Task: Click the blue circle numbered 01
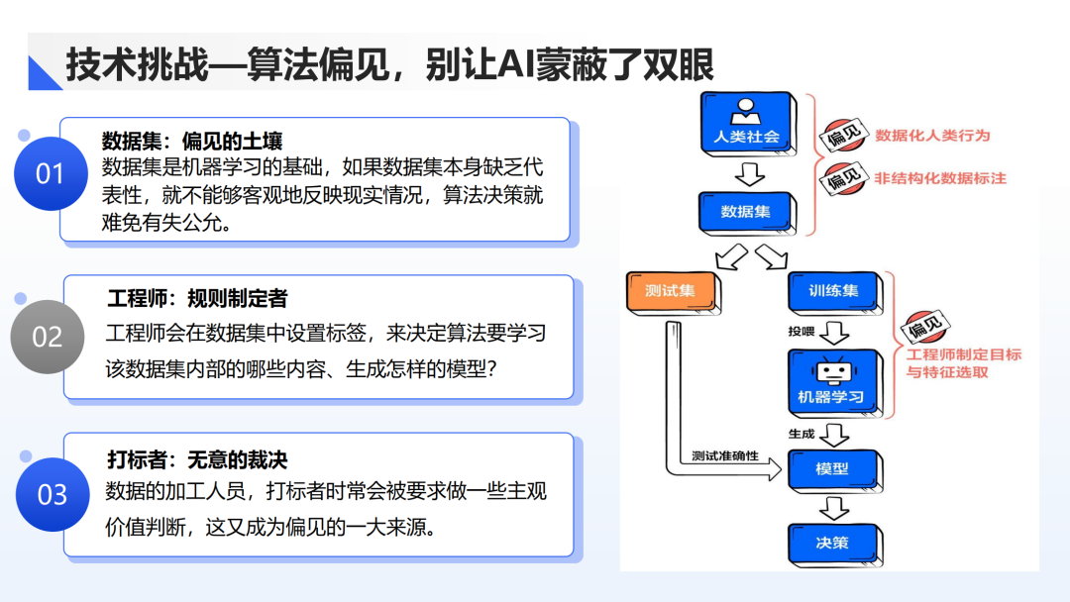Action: tap(50, 173)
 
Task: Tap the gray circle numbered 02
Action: tap(48, 337)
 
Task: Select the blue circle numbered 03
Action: tap(52, 494)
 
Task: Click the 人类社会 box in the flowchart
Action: tap(746, 123)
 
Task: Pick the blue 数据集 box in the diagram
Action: tap(746, 211)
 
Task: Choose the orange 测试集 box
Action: tap(670, 291)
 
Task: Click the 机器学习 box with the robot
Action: tap(832, 382)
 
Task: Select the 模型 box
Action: tap(832, 467)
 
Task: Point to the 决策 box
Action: tap(832, 542)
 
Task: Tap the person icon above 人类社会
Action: tap(746, 110)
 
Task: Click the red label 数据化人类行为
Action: tap(932, 136)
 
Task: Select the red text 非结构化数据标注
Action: tap(940, 179)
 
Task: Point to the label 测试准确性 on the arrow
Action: tap(725, 455)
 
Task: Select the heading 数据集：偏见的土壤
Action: tap(192, 141)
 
